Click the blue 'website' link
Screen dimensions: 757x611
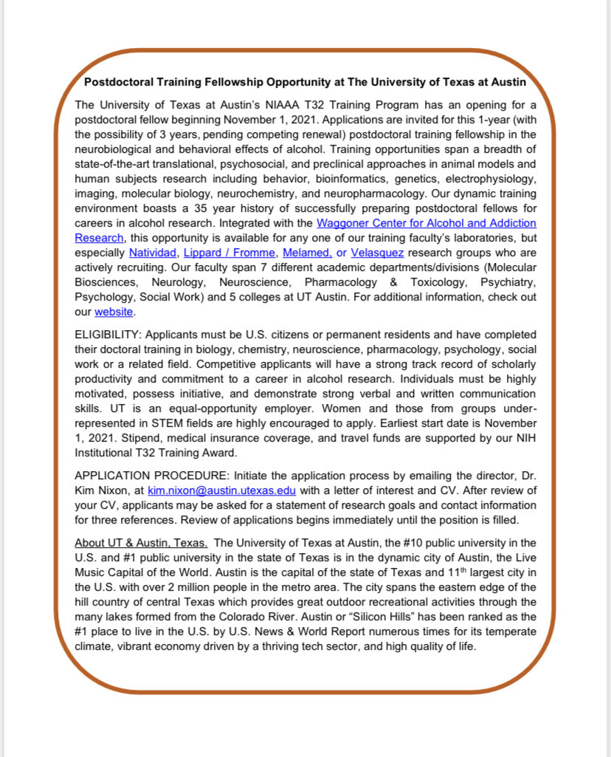point(114,312)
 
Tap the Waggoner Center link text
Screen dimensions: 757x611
point(426,223)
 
